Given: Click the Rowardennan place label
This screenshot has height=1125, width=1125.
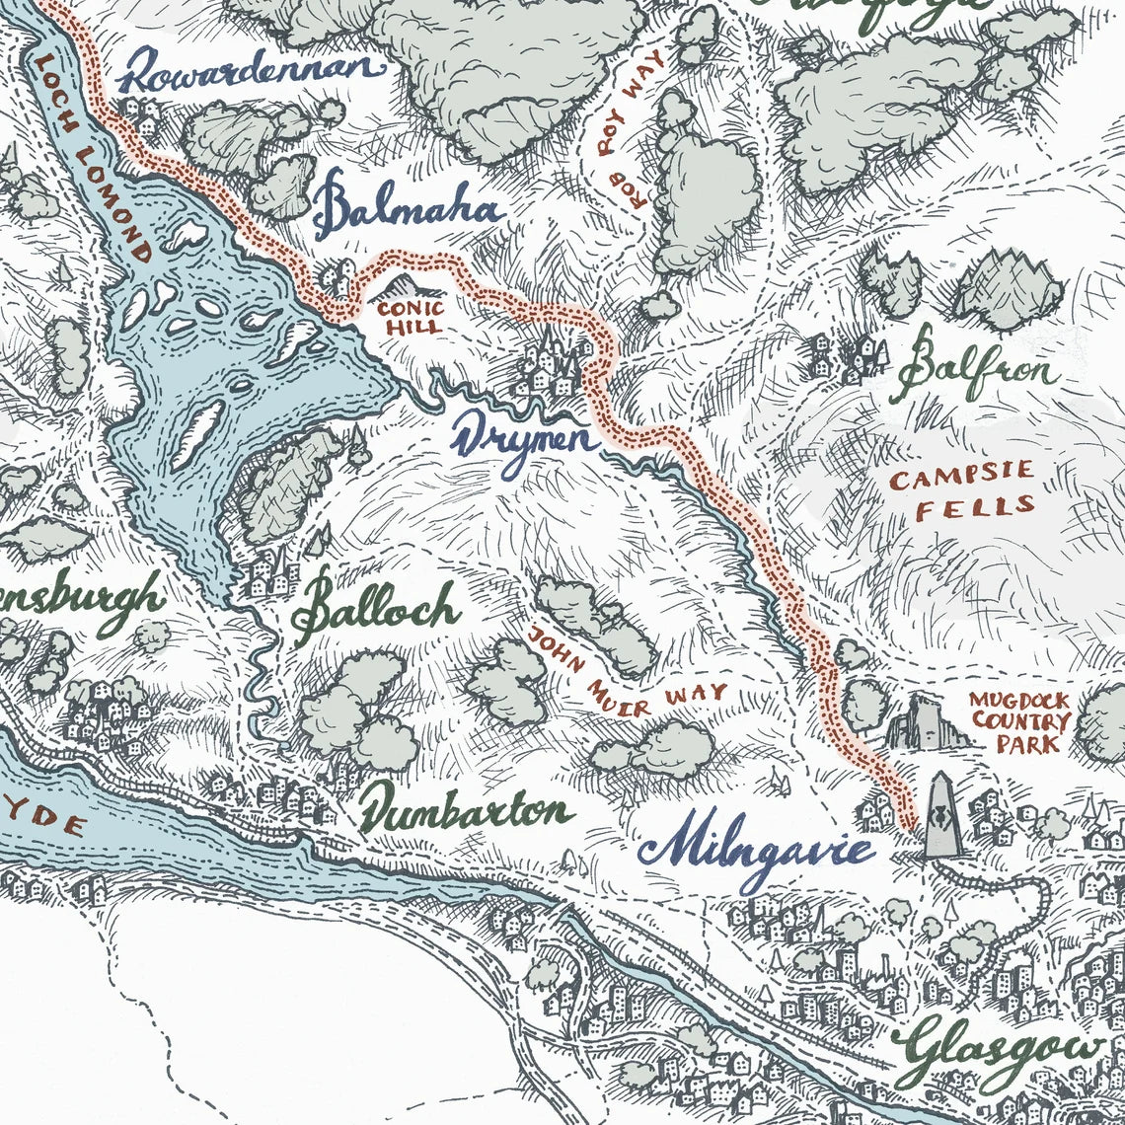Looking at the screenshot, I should coord(252,70).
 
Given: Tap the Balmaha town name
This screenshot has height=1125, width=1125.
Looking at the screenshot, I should coord(410,210).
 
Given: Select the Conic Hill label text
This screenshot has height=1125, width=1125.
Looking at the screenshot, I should coord(411,317).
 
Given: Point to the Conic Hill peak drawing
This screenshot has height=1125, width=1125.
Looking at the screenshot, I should coord(404,286).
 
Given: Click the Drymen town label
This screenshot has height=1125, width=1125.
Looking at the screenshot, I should coord(523,438).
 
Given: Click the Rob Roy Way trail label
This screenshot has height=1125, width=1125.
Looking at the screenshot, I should coord(632,128).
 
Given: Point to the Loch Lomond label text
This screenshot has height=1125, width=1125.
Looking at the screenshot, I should coord(94,158).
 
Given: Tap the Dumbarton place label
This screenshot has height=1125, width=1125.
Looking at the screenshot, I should coord(464,811).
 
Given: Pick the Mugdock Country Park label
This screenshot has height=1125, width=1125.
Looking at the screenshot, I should coord(1018,720).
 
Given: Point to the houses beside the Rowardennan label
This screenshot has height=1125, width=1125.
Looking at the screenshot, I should coord(144,116).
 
